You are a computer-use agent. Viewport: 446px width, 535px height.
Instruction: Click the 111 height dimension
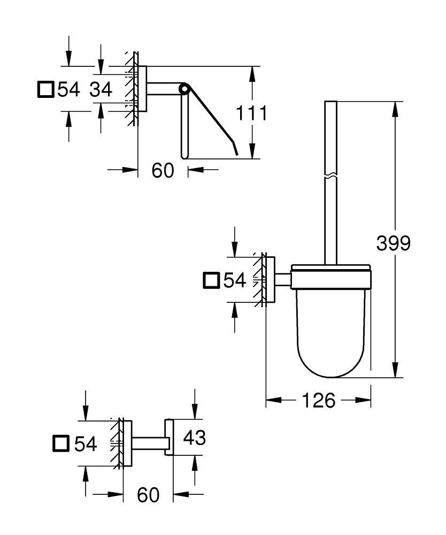pyautogui.click(x=251, y=113)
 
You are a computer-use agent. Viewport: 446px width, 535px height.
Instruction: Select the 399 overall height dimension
pyautogui.click(x=393, y=243)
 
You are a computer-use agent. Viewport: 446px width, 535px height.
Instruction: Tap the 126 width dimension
pyautogui.click(x=319, y=400)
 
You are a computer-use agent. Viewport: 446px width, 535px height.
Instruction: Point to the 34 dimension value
pyautogui.click(x=101, y=89)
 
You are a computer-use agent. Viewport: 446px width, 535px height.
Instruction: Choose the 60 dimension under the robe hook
pyautogui.click(x=148, y=495)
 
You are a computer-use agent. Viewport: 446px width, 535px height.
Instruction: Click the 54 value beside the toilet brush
pyautogui.click(x=235, y=280)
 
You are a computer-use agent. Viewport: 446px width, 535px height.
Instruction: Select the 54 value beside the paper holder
pyautogui.click(x=68, y=89)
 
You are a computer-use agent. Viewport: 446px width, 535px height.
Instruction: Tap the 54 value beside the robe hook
pyautogui.click(x=86, y=443)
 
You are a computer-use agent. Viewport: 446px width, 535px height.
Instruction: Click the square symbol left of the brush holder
pyautogui.click(x=212, y=280)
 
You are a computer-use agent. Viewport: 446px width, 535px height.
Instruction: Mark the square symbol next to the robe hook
pyautogui.click(x=62, y=443)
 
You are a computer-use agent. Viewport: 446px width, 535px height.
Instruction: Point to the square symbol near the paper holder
pyautogui.click(x=45, y=89)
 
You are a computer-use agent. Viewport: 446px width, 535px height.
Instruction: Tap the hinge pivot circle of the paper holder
pyautogui.click(x=184, y=88)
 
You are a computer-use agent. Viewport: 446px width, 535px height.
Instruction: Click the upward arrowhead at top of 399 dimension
pyautogui.click(x=395, y=108)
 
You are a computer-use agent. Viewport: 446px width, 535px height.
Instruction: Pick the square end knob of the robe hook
pyautogui.click(x=169, y=438)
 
